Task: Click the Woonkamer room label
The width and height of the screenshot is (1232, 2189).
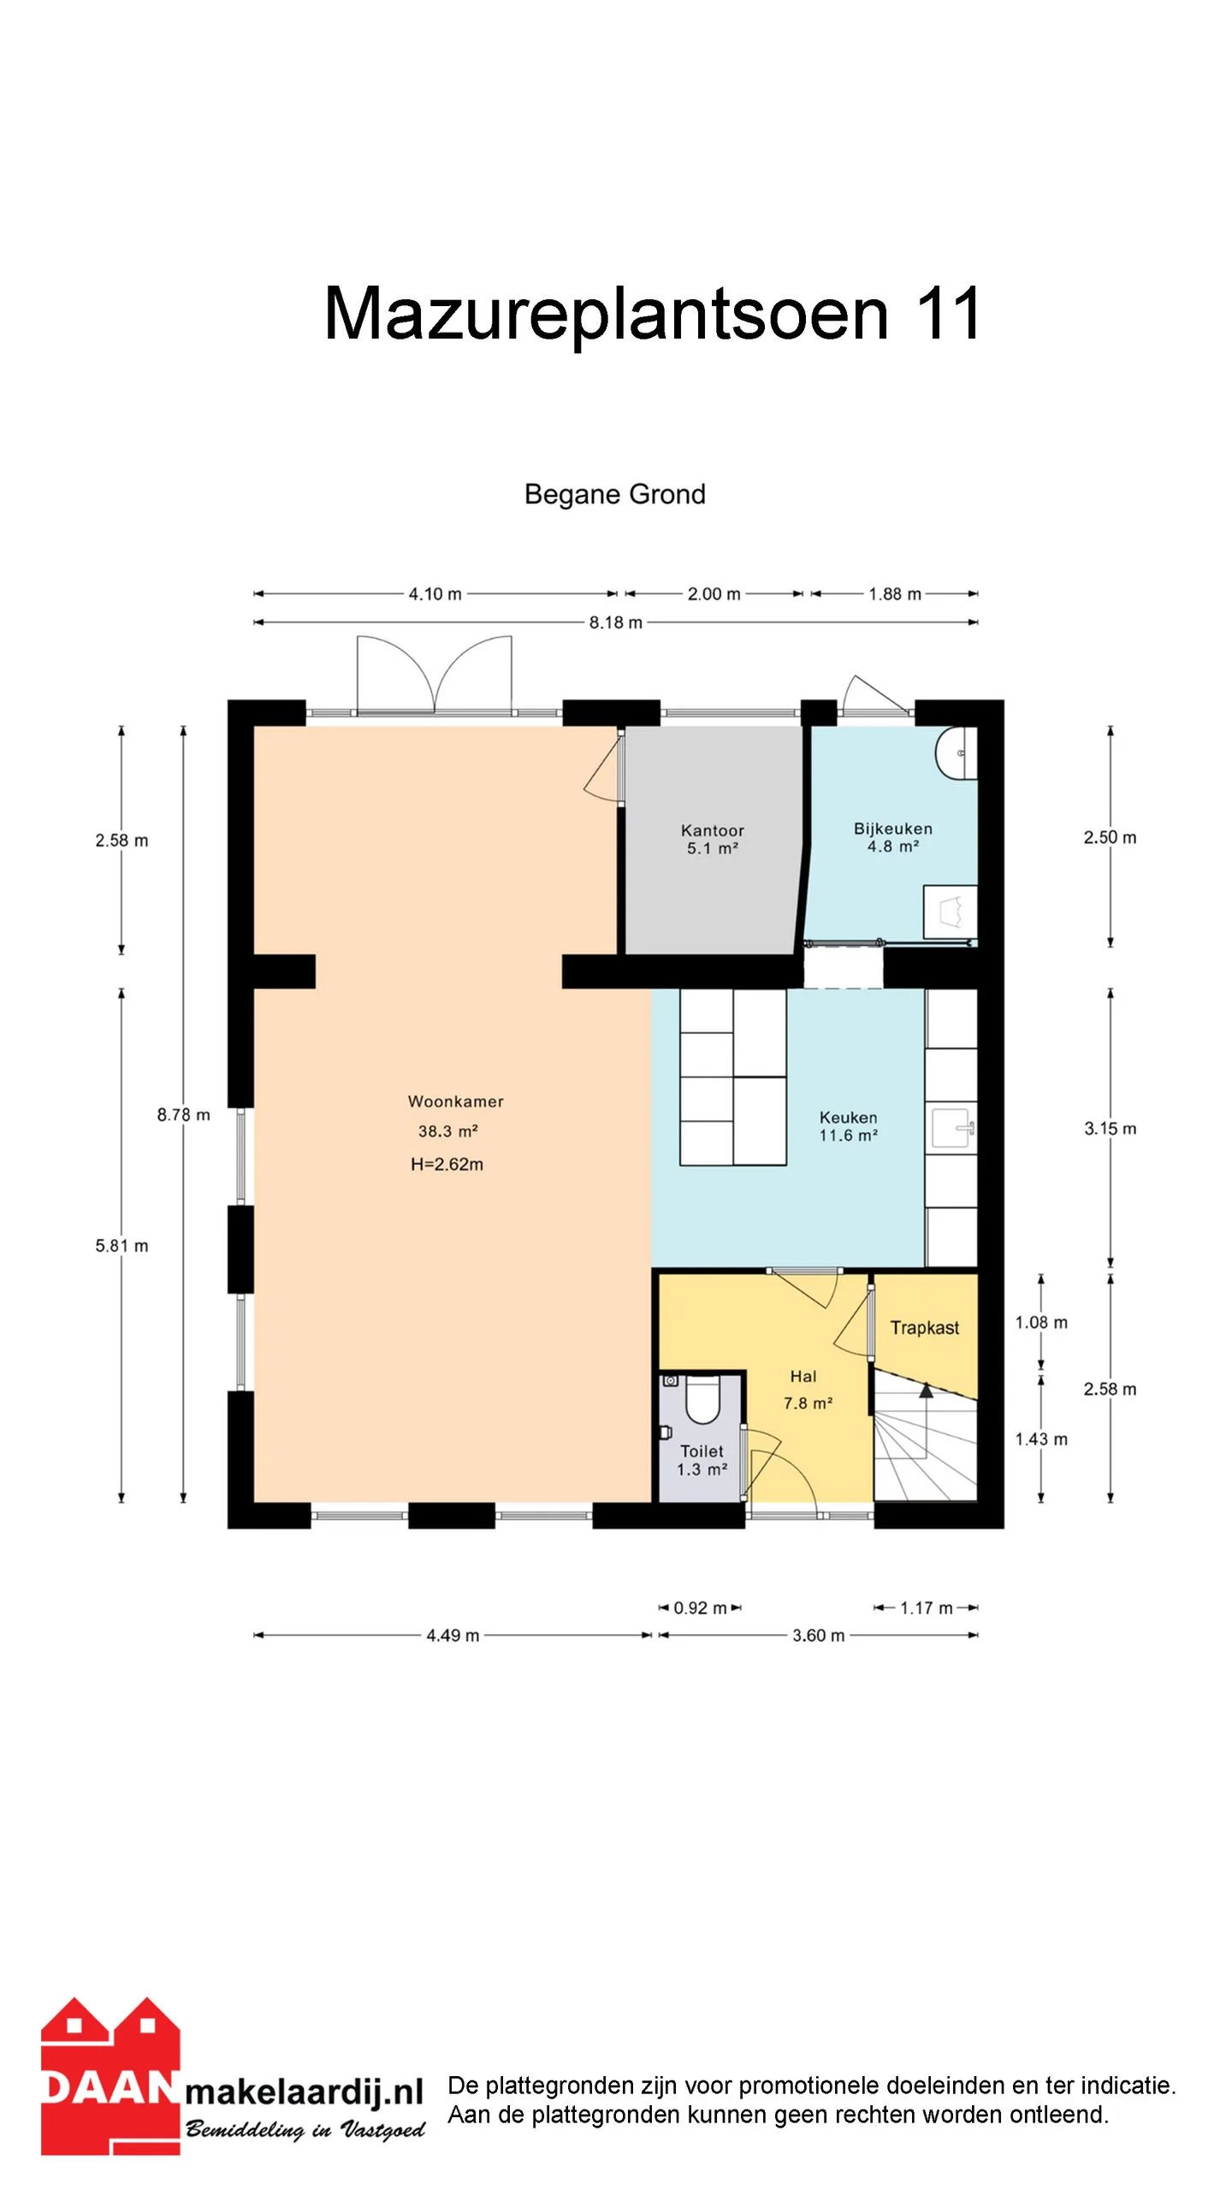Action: point(455,1101)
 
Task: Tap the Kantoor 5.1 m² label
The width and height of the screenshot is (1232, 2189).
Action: point(713,839)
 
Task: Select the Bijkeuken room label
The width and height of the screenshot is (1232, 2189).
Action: point(893,829)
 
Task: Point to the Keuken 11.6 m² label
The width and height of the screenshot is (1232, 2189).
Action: point(848,1126)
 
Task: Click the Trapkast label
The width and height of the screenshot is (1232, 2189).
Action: point(924,1327)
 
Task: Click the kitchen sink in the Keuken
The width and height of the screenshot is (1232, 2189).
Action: point(951,1129)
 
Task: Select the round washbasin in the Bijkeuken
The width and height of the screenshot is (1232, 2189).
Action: point(956,752)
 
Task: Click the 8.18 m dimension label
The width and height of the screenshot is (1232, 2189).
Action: point(615,622)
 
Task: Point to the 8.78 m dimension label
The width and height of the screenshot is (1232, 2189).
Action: point(183,1114)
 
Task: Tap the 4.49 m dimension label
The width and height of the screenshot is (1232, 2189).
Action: point(453,1635)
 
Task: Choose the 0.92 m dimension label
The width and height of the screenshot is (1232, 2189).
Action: point(700,1608)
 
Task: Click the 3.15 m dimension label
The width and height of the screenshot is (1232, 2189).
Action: point(1111,1128)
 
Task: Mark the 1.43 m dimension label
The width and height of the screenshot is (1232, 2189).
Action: point(1041,1439)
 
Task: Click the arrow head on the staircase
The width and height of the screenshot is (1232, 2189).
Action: point(926,1390)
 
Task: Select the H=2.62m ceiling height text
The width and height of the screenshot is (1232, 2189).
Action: point(447,1164)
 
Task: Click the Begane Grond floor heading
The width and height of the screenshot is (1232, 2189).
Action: point(614,494)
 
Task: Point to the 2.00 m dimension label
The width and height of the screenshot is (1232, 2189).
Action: point(714,593)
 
